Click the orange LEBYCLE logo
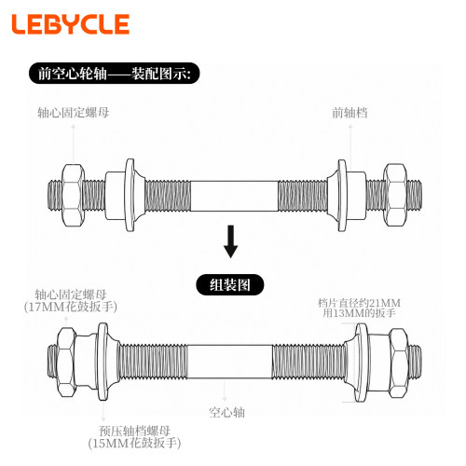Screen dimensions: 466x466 [71, 24]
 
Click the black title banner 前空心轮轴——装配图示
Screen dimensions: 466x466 [115, 74]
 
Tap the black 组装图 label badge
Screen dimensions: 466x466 [230, 284]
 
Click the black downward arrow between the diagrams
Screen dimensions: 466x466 [230, 241]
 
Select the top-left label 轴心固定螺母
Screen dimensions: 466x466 [74, 113]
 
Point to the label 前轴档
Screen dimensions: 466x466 [349, 113]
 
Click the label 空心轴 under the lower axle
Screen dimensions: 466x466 [226, 412]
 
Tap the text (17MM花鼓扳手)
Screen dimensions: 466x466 [71, 307]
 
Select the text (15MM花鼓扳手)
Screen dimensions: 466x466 [134, 444]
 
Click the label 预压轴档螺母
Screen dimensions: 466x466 [134, 431]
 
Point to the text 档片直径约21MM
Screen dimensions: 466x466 [359, 303]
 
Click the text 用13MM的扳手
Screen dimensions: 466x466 [359, 313]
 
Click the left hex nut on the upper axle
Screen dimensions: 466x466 [73, 196]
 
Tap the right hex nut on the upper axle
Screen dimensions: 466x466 [395, 195]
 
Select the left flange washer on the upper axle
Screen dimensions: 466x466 [130, 195]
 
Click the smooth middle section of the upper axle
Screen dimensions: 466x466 [234, 196]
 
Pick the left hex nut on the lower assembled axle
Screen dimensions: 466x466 [67, 362]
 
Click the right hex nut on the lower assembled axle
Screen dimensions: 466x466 [399, 363]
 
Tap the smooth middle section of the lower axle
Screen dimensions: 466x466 [230, 362]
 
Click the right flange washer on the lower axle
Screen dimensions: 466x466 [361, 363]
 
